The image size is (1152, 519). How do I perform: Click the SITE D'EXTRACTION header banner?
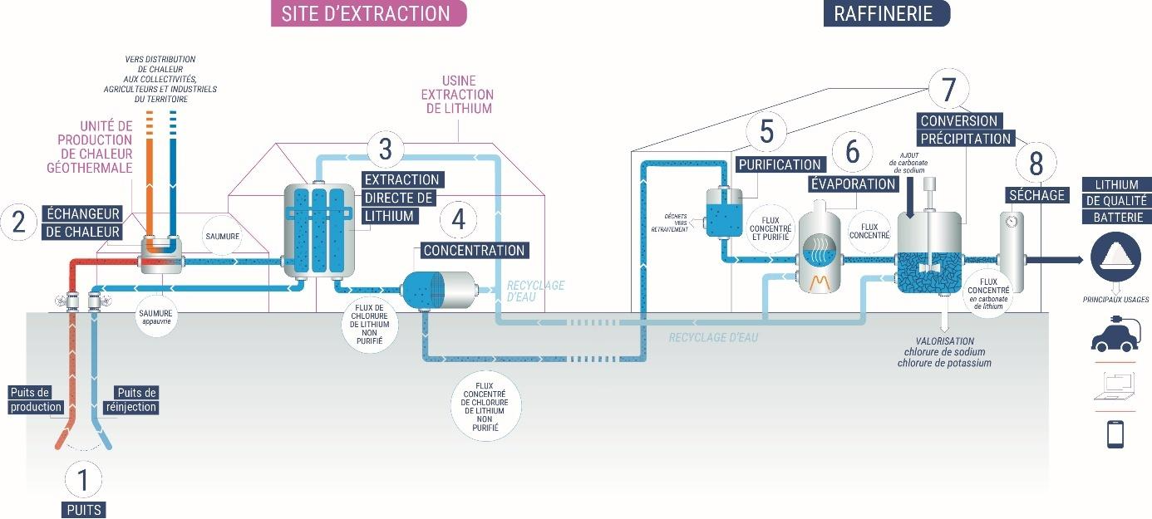[368, 13]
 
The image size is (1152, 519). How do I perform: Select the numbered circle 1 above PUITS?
[82, 479]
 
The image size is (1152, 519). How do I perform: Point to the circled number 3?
[385, 149]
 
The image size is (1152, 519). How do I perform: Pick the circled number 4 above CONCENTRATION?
[458, 220]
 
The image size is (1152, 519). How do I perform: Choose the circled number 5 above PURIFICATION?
[766, 131]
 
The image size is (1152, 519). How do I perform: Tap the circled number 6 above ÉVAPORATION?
[852, 152]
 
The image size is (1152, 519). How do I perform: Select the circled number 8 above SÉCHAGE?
[1036, 164]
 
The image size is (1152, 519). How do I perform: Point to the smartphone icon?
[1115, 434]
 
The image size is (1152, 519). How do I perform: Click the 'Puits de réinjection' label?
[135, 399]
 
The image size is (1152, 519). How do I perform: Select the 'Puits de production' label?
[36, 399]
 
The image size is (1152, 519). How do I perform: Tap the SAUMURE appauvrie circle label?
[156, 319]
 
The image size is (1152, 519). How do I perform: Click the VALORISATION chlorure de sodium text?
[943, 352]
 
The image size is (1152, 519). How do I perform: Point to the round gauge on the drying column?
[1010, 223]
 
